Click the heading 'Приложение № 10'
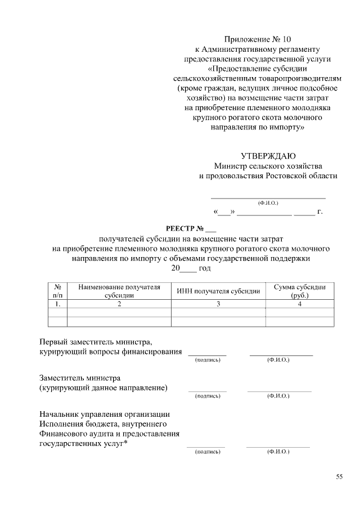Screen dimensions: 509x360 pos(258,39)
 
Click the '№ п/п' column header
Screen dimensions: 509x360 pos(57,291)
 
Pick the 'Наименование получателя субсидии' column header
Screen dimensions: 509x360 pos(119,291)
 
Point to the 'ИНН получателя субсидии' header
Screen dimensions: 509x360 pos(218,291)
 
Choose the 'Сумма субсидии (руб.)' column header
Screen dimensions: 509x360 pos(300,291)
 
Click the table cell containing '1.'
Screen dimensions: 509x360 pos(57,304)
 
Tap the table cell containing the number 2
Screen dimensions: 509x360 pos(119,304)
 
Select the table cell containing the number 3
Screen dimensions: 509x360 pos(218,304)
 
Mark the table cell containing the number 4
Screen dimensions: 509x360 pos(300,304)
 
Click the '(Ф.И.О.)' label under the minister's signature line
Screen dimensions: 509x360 pos(268,202)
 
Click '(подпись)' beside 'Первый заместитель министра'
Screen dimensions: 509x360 pos(207,360)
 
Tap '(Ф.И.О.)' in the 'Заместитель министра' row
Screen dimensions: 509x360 pos(278,396)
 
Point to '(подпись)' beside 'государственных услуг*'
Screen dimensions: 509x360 pos(206,452)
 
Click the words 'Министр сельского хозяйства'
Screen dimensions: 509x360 pos(268,166)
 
